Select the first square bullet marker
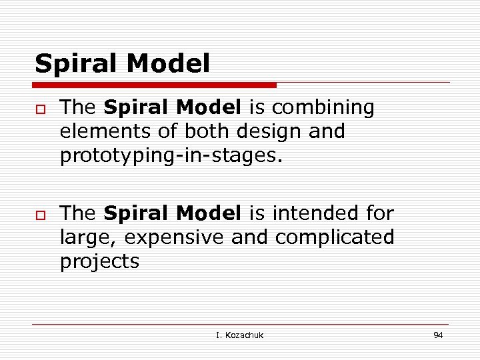(39, 109)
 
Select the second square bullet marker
(39, 215)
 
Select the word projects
(100, 261)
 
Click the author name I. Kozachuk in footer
(239, 335)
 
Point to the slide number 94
(438, 335)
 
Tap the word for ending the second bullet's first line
(380, 213)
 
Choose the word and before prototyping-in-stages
(327, 131)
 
